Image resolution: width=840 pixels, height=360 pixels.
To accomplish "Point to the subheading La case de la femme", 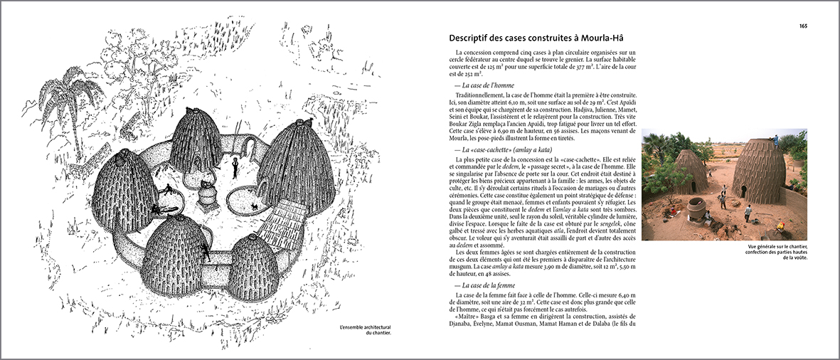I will [489, 285].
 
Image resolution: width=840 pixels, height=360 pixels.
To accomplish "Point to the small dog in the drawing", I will [254, 207].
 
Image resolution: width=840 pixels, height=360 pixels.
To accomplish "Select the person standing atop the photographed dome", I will [775, 139].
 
